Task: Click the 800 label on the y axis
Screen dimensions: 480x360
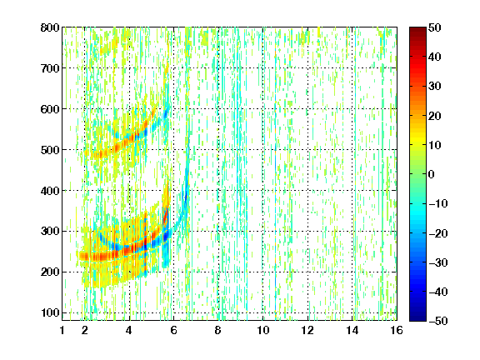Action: point(50,27)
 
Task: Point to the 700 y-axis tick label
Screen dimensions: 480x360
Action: point(50,68)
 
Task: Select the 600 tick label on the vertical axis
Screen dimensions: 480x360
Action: point(50,109)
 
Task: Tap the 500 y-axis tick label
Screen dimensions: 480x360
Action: point(50,150)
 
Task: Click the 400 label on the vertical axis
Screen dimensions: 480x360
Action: point(50,191)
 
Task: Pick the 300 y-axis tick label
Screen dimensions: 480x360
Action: point(50,231)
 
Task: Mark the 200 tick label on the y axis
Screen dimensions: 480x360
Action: point(50,272)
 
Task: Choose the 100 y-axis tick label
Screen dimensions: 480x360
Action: point(50,312)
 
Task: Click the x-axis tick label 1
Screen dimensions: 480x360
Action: point(62,330)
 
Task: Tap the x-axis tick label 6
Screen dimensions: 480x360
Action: point(173,330)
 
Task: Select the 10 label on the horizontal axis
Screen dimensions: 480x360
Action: point(263,330)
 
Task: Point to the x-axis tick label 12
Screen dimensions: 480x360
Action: point(307,330)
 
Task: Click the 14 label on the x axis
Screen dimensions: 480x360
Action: point(352,330)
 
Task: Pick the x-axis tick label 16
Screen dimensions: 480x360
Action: point(397,330)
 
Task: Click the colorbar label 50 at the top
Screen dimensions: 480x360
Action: point(434,27)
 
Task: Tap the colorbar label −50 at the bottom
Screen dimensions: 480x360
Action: point(437,321)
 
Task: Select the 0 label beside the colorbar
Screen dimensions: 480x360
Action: point(432,174)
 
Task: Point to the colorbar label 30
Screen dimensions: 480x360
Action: point(434,87)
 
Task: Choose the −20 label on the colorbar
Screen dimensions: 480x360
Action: point(437,233)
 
